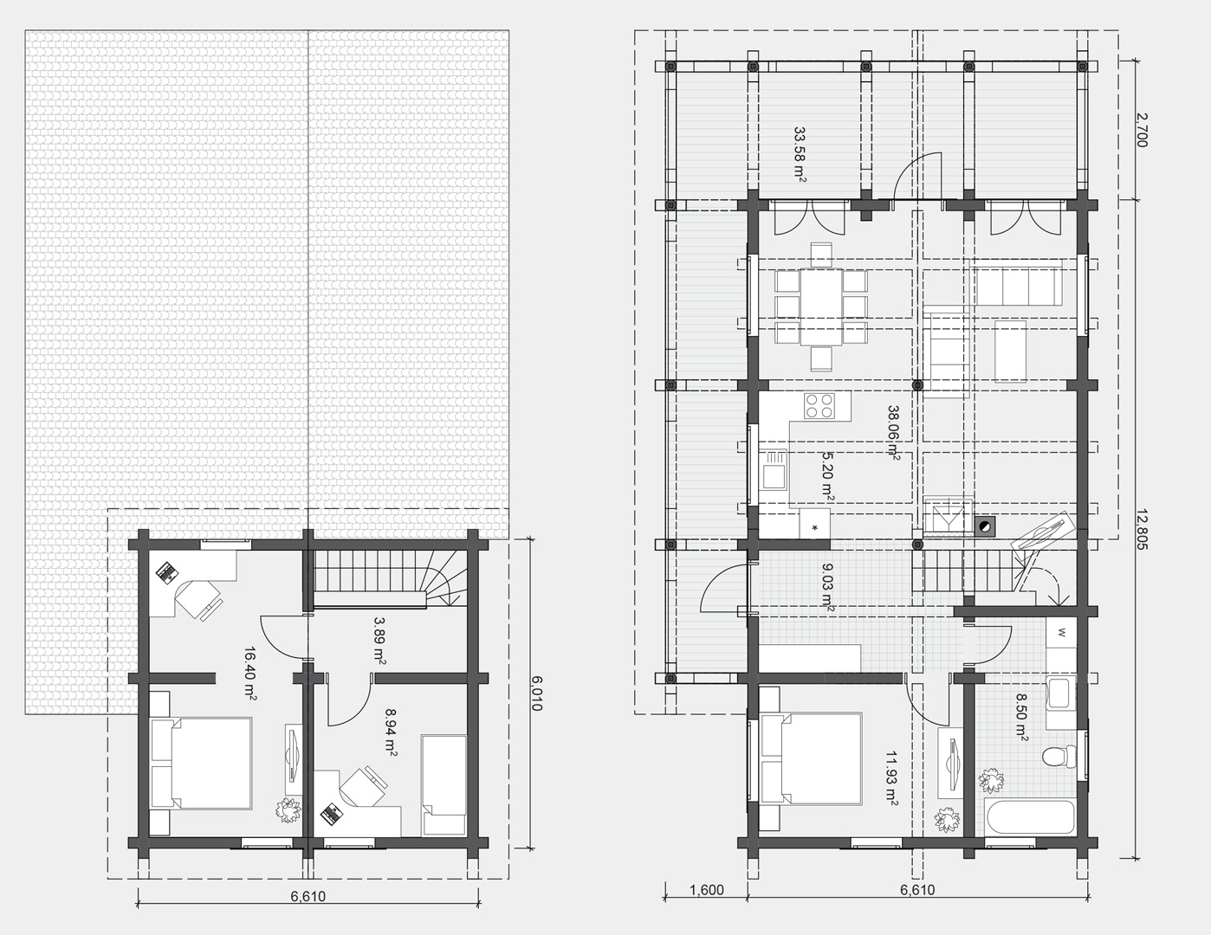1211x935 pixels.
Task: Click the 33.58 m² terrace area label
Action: (800, 155)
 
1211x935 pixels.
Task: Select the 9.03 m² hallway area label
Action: (828, 588)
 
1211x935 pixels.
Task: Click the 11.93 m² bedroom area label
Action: (891, 778)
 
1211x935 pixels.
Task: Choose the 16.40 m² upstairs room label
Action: (251, 674)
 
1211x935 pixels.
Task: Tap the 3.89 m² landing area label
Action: (380, 641)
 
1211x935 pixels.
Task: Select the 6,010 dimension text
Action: (536, 693)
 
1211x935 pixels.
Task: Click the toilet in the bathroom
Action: (1059, 758)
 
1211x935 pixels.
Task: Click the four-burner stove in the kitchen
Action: (819, 406)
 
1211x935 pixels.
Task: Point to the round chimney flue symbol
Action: (985, 525)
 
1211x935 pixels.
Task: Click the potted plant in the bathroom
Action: (990, 781)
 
